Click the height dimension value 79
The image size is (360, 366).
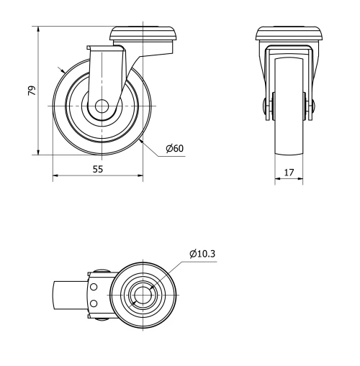(x=31, y=91)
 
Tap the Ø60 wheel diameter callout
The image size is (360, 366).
(x=175, y=148)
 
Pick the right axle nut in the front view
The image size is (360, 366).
(x=311, y=106)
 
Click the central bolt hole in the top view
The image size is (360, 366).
(x=142, y=295)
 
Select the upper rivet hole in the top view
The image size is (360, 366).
(x=93, y=286)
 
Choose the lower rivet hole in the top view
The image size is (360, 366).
(x=93, y=303)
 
